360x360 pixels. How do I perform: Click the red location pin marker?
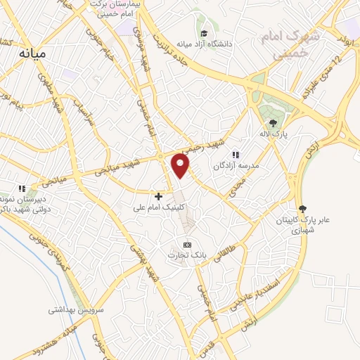pos(181,166)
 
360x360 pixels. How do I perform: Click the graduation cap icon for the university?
pos(204,32)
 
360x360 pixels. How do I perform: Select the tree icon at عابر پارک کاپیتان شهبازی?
pos(303,208)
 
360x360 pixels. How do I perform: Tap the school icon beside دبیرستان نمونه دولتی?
pos(22,188)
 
